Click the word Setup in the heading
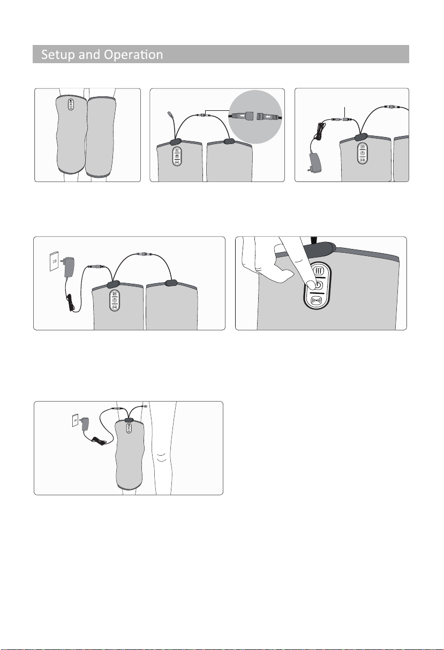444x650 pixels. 58,55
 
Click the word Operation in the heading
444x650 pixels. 133,54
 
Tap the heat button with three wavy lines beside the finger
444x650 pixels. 319,271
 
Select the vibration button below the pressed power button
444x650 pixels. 317,300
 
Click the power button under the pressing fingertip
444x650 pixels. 318,285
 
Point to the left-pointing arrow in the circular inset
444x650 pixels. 268,117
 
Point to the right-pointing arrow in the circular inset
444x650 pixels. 241,116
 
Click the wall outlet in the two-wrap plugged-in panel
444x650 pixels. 54,261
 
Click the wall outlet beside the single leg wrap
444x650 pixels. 75,420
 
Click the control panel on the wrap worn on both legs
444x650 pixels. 71,104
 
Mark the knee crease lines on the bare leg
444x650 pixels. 162,457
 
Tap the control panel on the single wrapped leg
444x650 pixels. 129,428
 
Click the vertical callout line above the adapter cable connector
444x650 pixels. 344,112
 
